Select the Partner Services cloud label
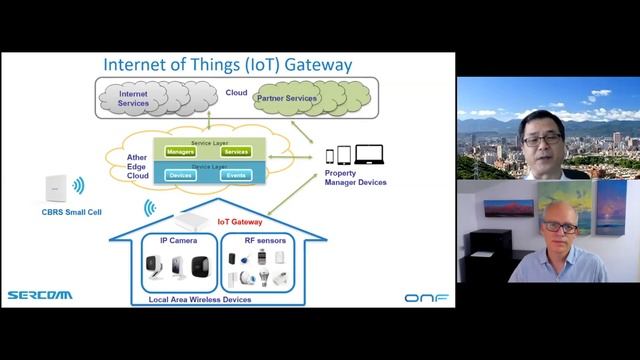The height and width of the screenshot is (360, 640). pos(287,98)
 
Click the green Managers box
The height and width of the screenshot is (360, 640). pos(181,152)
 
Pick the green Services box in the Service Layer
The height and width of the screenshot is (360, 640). pos(236,152)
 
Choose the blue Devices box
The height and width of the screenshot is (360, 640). pos(181,175)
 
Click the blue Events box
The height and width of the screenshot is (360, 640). pos(236,175)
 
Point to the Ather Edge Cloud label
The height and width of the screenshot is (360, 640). pos(138,165)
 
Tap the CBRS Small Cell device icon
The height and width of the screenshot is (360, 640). pos(55,191)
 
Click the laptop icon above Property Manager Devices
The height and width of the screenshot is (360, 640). pos(370,155)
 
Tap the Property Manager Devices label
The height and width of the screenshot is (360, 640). pos(356,178)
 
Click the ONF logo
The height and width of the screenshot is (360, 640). pos(426,297)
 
